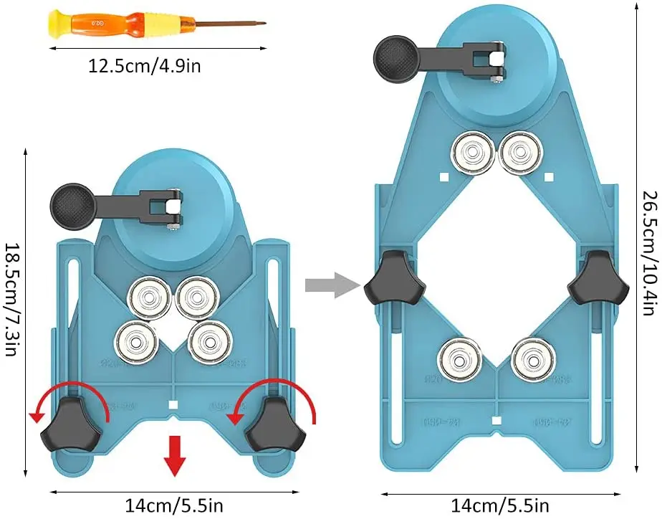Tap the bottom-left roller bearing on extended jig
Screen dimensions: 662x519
[459, 359]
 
